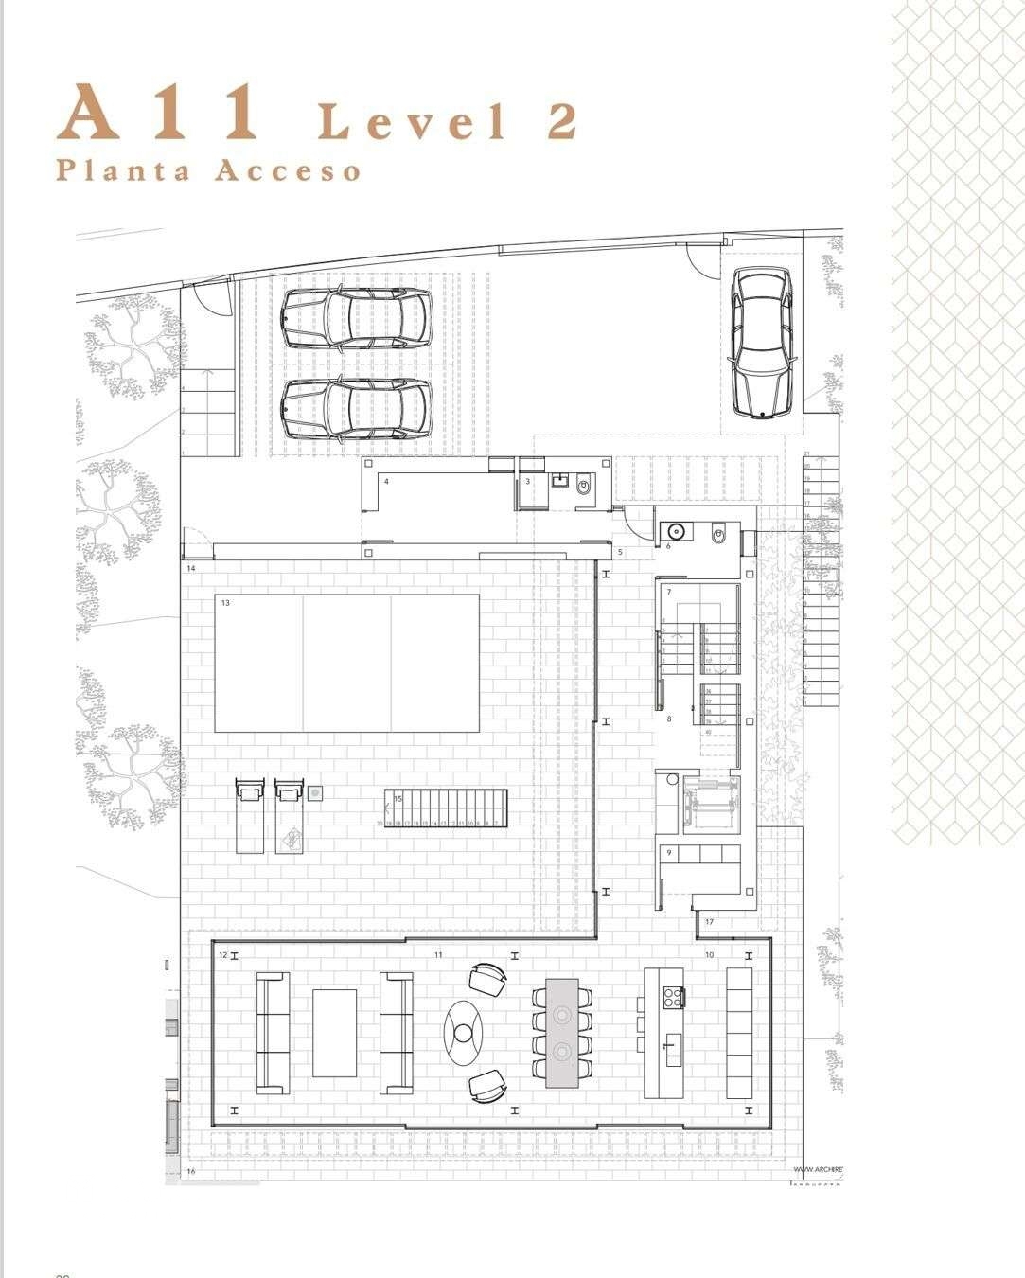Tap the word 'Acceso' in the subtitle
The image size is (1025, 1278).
[288, 171]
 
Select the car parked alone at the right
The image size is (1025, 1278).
[762, 342]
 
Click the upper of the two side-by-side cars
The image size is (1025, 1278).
[356, 317]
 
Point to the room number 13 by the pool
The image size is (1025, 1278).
[225, 603]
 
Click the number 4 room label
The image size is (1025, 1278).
[386, 482]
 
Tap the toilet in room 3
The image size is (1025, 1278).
[583, 487]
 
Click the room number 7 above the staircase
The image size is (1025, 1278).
[669, 593]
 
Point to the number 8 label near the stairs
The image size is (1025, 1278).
[669, 719]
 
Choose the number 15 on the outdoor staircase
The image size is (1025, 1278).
[398, 799]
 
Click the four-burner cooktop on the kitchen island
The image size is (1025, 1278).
[673, 996]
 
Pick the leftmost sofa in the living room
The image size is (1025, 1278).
[273, 1032]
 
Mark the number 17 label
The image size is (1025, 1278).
[709, 922]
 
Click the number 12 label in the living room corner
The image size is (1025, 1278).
[222, 955]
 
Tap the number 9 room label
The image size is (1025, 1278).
[669, 853]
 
